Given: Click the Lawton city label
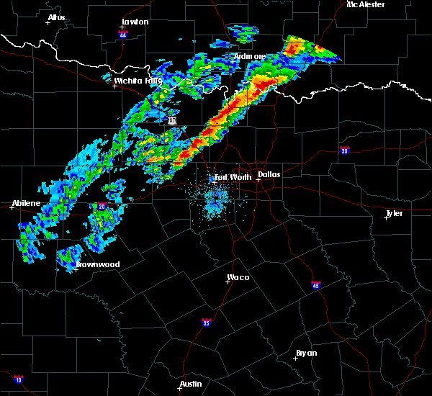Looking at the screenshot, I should [135, 22].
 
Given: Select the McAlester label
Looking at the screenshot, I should [365, 4].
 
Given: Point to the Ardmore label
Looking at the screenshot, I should [251, 56].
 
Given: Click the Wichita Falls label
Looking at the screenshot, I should [138, 81].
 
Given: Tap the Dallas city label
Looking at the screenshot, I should [269, 174].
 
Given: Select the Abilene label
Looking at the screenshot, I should [26, 204].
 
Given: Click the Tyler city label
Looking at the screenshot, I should [394, 213].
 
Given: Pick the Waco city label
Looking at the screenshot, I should [238, 277].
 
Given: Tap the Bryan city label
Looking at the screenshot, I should [306, 353].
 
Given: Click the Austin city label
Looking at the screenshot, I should [191, 384].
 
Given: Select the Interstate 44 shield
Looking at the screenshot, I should [123, 35].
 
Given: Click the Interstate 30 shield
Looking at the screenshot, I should [345, 150].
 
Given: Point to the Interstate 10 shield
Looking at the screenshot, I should [18, 379].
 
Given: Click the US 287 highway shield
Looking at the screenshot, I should [172, 121].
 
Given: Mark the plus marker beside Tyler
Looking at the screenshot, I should [387, 217].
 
